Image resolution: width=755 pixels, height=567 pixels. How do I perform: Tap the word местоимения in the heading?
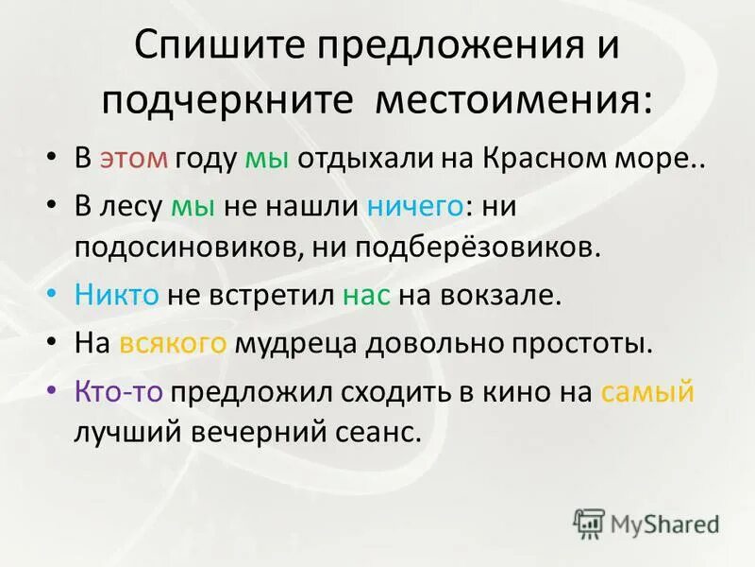click(x=512, y=98)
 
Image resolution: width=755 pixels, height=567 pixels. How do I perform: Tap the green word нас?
click(x=364, y=295)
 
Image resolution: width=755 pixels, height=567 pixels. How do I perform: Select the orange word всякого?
click(x=173, y=342)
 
